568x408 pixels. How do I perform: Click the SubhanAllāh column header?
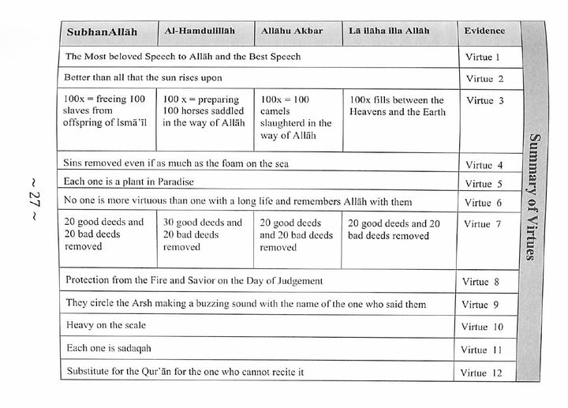[103, 32]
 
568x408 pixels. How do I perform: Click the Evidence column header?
[484, 32]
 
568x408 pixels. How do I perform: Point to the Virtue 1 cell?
[484, 58]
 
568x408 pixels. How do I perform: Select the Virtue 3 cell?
[484, 101]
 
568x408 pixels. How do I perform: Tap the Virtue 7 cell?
[484, 224]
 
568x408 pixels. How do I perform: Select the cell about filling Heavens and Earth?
[397, 106]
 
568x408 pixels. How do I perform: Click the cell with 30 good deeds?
[203, 235]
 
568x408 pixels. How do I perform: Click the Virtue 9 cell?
[484, 303]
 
